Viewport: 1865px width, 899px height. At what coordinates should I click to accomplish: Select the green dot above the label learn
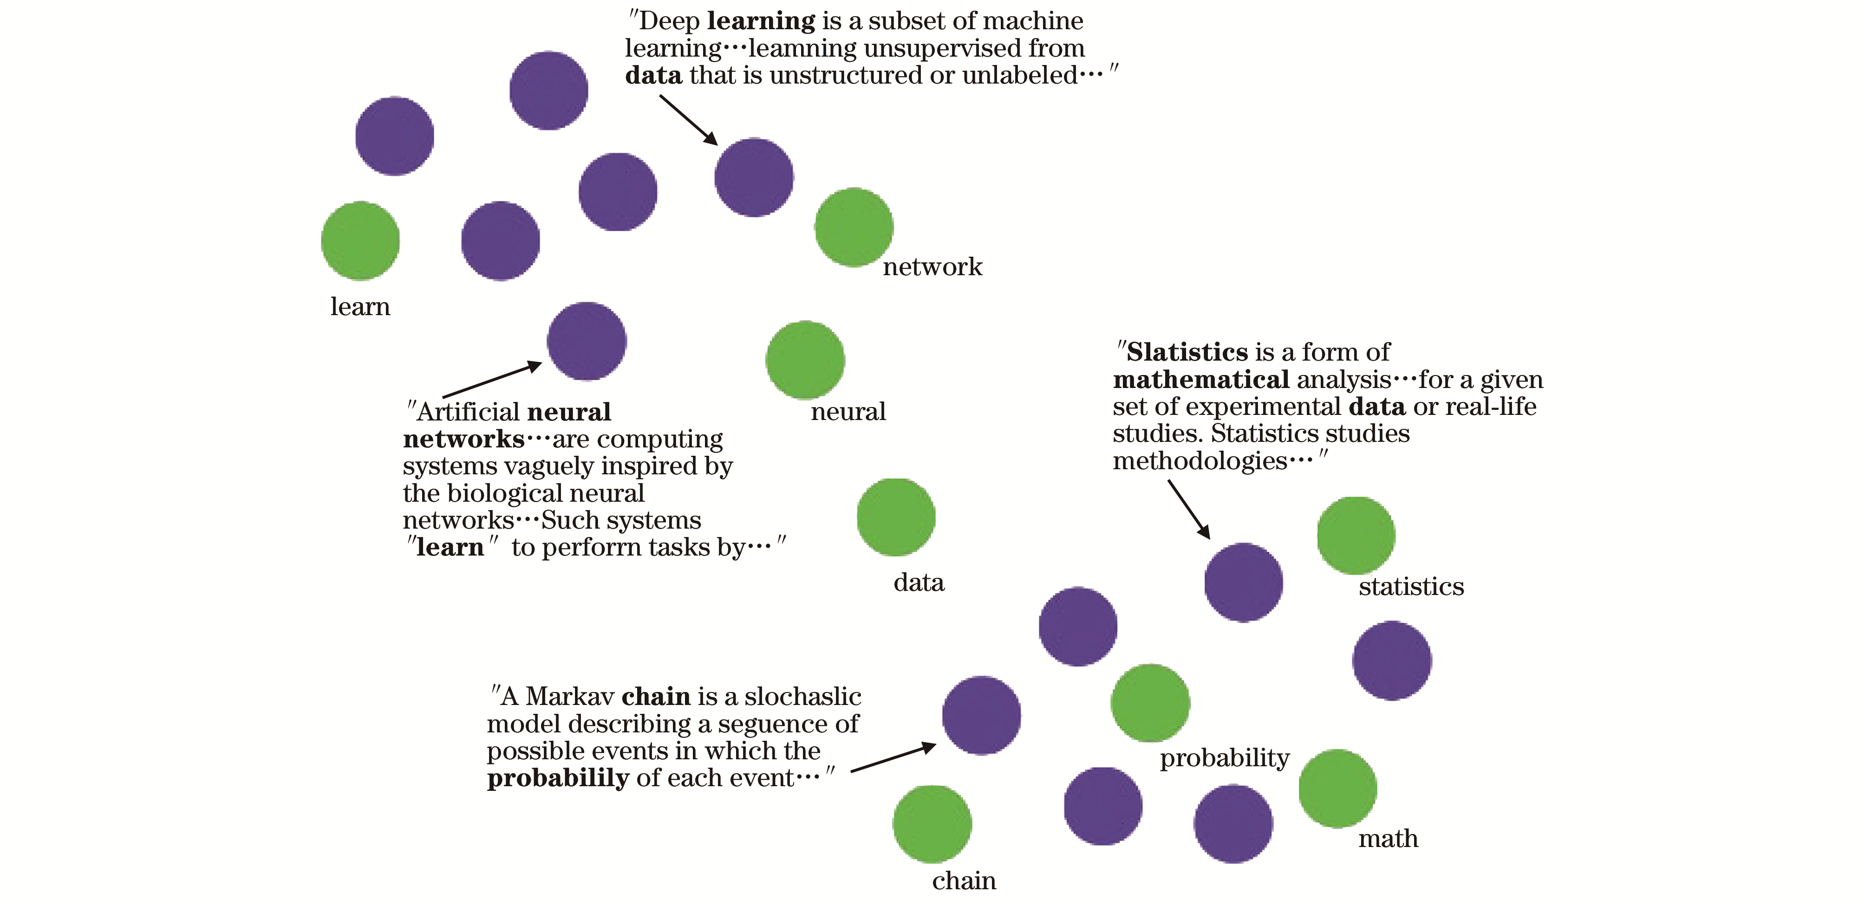(x=360, y=240)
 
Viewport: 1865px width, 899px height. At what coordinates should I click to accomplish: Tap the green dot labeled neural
(x=805, y=360)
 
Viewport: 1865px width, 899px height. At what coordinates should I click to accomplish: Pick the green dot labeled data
(x=895, y=517)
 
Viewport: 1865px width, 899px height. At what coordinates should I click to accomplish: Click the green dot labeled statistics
(x=1355, y=536)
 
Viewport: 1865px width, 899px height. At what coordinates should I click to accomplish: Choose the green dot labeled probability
(x=1150, y=703)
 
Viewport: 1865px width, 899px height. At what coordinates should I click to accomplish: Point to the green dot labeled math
(x=1337, y=788)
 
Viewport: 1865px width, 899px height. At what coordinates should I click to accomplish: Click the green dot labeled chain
(x=932, y=824)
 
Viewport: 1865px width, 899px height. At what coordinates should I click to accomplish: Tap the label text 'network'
(x=932, y=267)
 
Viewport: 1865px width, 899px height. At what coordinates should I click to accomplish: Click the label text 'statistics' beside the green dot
(x=1411, y=586)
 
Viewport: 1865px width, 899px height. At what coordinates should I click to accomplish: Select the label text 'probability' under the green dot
(x=1224, y=758)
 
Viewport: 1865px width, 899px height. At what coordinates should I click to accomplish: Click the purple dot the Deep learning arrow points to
(x=754, y=177)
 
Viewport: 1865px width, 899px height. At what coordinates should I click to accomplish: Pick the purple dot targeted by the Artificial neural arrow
(x=587, y=341)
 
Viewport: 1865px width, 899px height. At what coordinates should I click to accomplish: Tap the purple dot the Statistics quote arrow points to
(x=1243, y=582)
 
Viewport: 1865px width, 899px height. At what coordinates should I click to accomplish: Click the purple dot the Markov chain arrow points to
(x=981, y=715)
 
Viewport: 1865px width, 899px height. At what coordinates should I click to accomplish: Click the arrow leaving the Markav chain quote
(x=893, y=758)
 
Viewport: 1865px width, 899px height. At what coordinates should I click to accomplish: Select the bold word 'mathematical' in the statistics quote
(x=1200, y=379)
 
